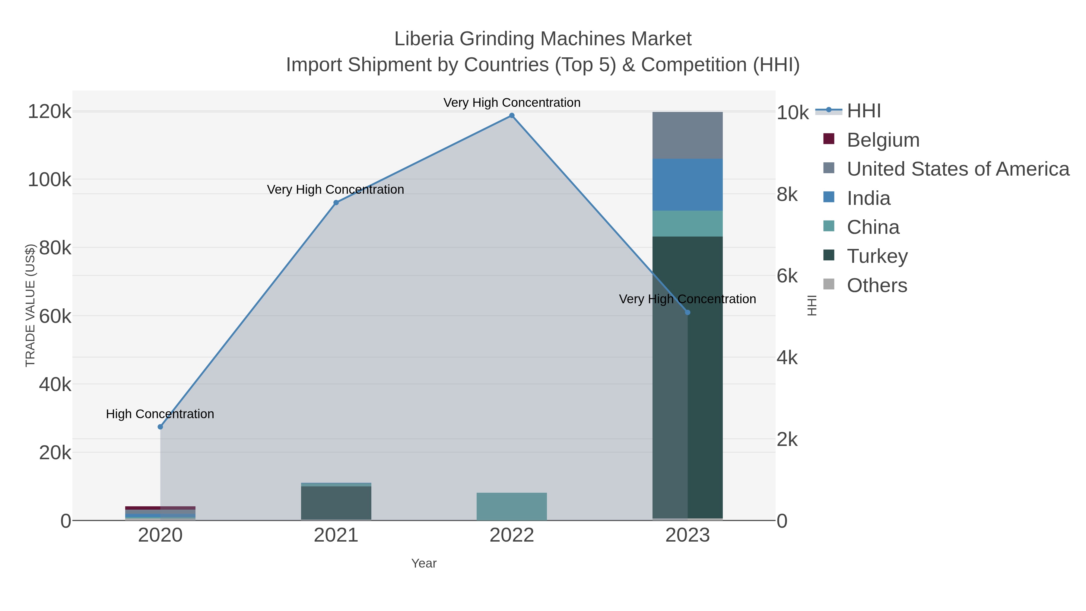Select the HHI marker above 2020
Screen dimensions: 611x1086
[160, 427]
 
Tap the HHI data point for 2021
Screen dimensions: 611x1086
[336, 203]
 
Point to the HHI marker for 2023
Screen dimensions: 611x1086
[687, 313]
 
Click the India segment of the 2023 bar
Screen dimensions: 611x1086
[687, 185]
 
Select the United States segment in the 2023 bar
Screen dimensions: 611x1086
[687, 135]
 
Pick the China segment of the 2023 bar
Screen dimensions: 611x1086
[687, 224]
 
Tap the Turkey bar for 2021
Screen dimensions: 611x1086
[336, 503]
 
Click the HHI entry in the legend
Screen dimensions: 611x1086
[863, 111]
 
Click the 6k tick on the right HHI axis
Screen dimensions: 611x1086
[787, 276]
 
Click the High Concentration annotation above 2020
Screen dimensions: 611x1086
[160, 414]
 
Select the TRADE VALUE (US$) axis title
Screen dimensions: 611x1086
[30, 305]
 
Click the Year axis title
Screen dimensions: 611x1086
[424, 563]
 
